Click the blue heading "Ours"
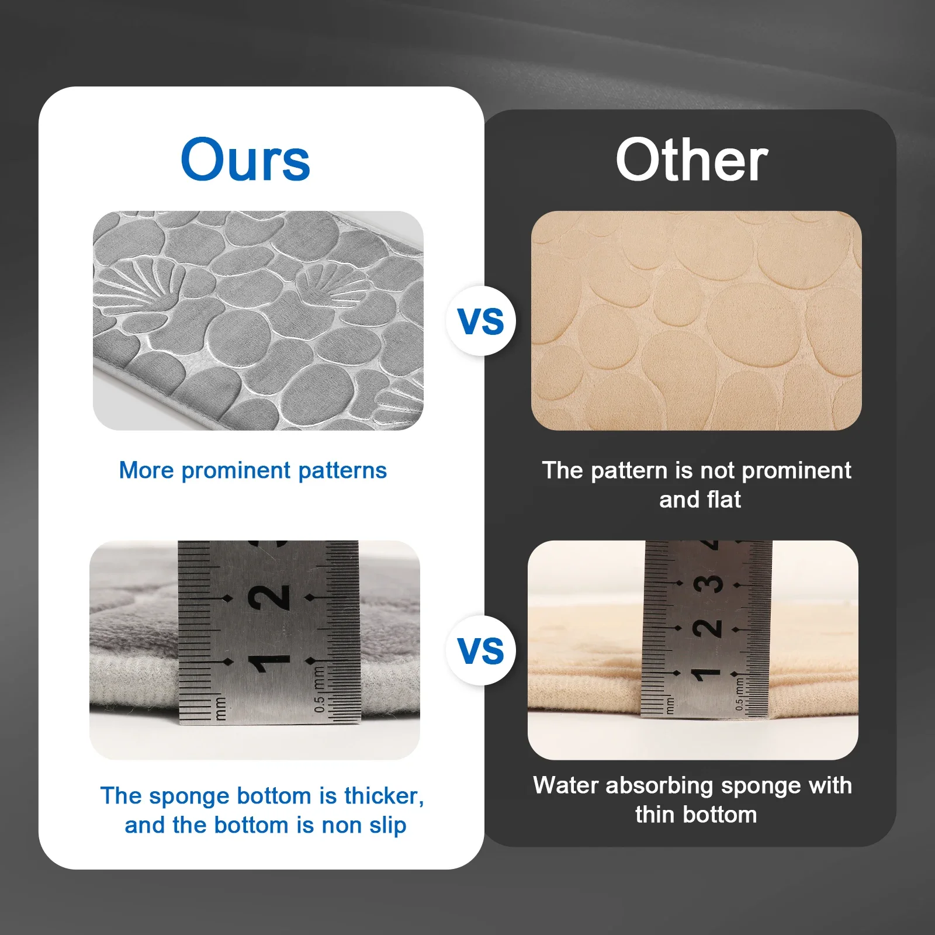click(x=245, y=160)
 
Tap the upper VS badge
click(x=481, y=321)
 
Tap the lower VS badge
click(x=481, y=650)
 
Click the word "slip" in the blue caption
click(x=387, y=825)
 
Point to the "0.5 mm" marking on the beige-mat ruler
click(x=740, y=694)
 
